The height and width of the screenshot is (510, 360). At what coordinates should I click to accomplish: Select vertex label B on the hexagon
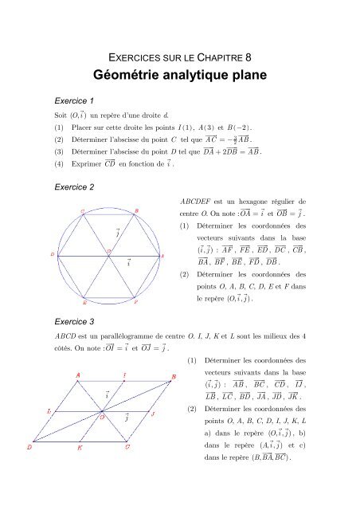pyautogui.click(x=135, y=210)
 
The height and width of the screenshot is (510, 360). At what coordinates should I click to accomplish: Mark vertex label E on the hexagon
pyautogui.click(x=84, y=304)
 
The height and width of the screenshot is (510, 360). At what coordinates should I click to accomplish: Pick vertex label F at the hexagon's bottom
pyautogui.click(x=135, y=304)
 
